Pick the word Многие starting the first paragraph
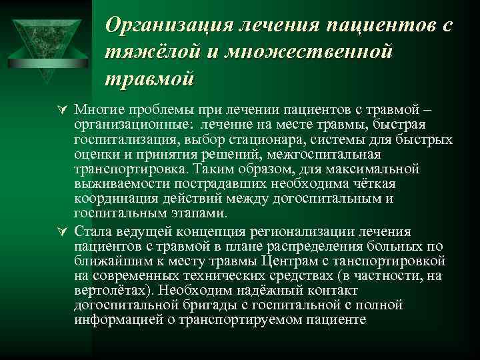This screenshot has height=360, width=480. [96, 109]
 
